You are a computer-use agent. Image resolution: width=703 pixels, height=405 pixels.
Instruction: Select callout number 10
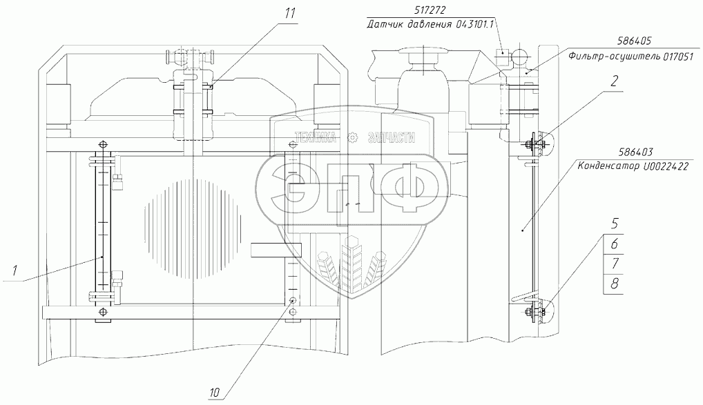[x=215, y=393]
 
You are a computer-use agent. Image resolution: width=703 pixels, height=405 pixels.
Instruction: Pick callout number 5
[x=613, y=224]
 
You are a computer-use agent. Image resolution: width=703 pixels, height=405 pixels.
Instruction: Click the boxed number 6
[x=613, y=244]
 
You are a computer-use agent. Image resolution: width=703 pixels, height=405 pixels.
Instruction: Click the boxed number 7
[x=613, y=264]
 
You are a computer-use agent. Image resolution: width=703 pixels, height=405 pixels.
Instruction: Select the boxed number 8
[x=613, y=284]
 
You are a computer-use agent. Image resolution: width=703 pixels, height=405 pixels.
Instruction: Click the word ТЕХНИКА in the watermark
[x=318, y=137]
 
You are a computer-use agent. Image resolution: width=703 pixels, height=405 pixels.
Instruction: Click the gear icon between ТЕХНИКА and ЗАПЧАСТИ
[x=354, y=137]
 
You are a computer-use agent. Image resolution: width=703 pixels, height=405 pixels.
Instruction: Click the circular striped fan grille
[x=196, y=225]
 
